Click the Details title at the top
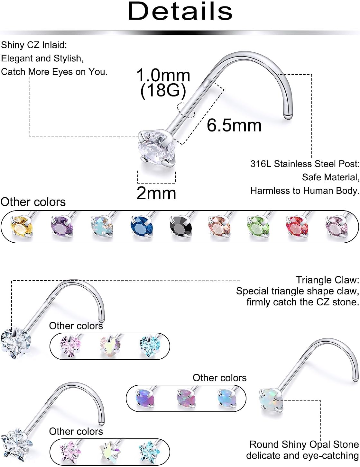180,12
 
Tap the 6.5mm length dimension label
234,125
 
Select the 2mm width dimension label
156,193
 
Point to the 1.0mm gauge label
163,76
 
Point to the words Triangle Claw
327,280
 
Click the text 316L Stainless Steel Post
305,164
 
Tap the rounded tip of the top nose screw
288,116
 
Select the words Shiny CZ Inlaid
34,45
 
